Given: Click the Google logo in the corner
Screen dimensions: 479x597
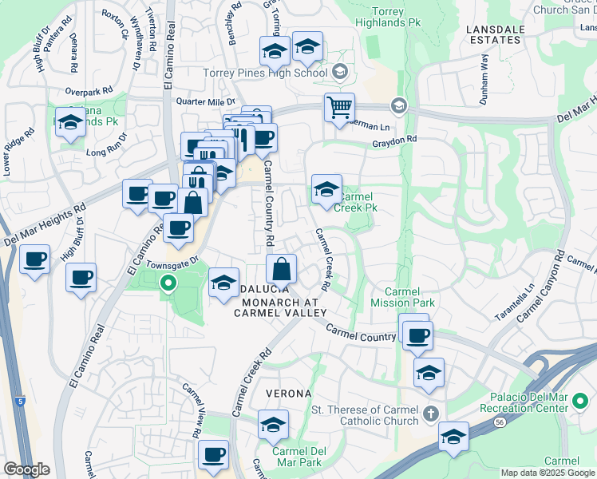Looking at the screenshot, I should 26,469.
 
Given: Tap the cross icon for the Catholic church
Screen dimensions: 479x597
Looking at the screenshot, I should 431,413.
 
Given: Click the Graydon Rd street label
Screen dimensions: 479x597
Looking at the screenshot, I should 394,139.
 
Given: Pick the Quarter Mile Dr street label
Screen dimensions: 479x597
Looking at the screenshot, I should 206,101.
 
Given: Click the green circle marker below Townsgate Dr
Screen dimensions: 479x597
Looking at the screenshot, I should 168,283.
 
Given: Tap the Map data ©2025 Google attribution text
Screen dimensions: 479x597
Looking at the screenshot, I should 548,473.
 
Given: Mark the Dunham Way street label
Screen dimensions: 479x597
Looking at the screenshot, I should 484,74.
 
